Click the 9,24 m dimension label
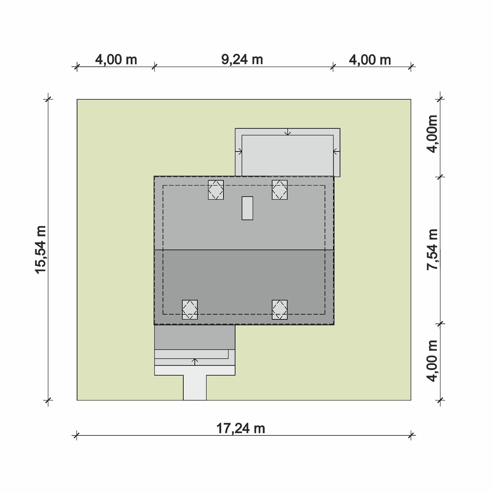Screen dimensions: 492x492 242,60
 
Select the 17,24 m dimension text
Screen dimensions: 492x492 241,429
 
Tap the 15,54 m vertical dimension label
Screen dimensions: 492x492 41,250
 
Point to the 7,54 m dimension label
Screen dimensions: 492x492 432,249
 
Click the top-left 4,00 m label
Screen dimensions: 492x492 116,60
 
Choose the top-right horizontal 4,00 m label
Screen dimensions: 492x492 370,60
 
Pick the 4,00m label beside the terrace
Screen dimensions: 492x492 432,134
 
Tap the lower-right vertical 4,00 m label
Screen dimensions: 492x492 432,361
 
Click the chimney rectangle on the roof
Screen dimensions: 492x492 247,208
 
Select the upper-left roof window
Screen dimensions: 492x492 216,190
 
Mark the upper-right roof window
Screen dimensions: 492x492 280,190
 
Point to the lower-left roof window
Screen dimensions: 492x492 190,310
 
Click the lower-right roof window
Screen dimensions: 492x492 280,310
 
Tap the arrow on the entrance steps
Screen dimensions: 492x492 195,362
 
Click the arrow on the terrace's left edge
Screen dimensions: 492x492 239,151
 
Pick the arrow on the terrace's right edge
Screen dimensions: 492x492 336,151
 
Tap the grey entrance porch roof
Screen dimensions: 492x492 195,337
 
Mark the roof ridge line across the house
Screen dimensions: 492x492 244,250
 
